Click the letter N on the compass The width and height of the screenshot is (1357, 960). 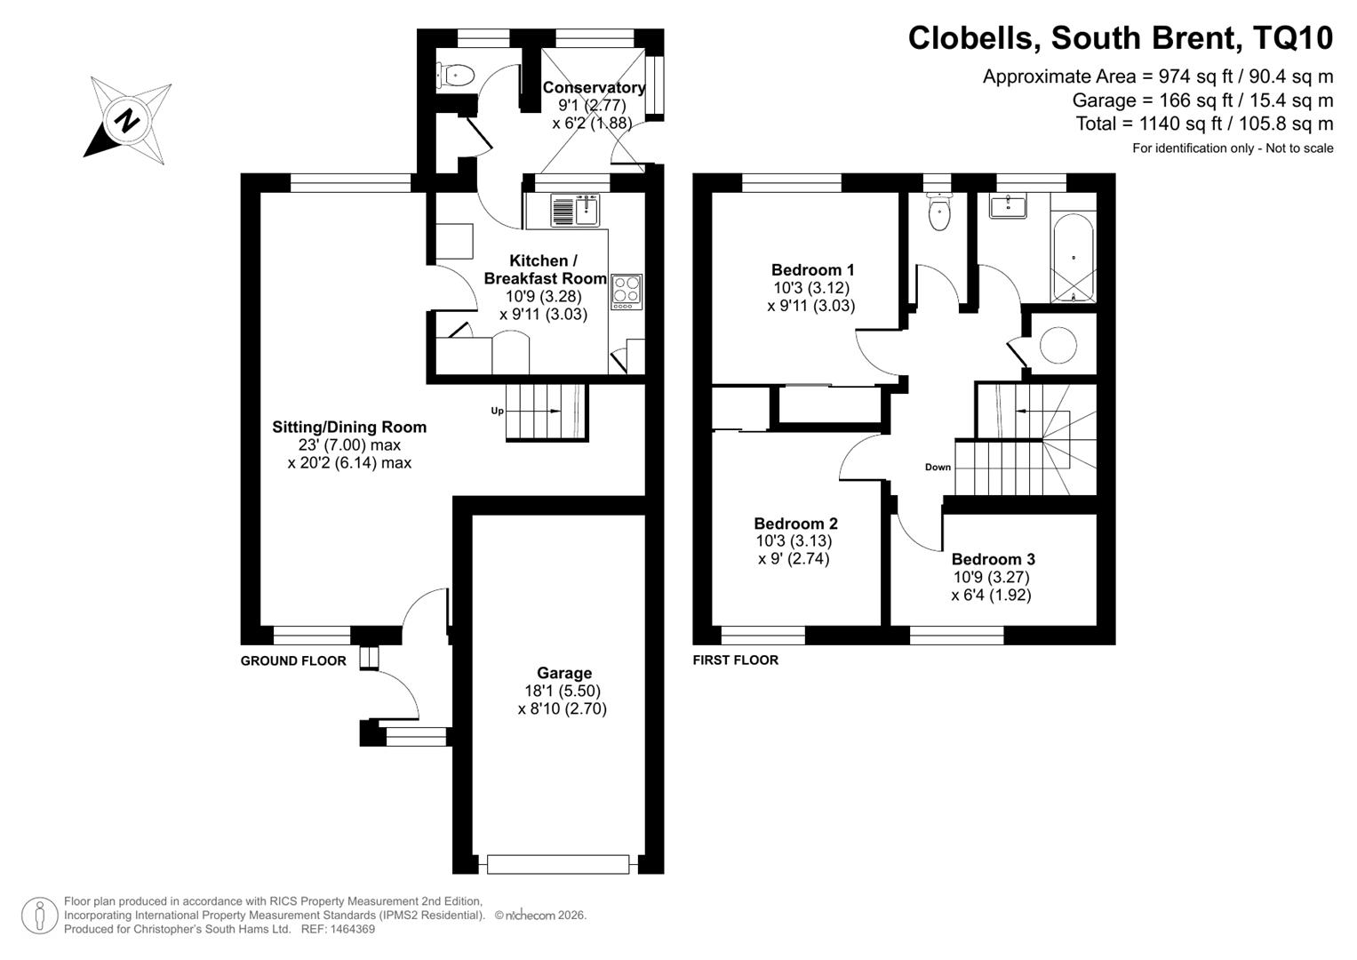(127, 120)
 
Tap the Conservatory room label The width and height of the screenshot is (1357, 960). (594, 87)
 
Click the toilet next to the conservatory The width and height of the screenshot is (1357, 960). (456, 76)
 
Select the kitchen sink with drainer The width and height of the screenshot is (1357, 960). (575, 211)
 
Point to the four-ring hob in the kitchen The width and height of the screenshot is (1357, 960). (627, 292)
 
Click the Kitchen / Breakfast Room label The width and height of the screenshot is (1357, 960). (545, 269)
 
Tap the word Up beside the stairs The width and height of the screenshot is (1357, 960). (498, 411)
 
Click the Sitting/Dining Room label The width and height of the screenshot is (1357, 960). (349, 428)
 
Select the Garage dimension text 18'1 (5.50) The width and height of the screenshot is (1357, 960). (563, 691)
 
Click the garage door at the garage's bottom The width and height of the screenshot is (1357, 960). (558, 864)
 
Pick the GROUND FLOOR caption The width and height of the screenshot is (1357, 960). (293, 661)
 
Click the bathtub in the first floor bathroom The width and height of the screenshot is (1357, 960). (1074, 258)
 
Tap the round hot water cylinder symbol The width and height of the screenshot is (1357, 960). (1058, 346)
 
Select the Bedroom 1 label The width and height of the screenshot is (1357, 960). (813, 270)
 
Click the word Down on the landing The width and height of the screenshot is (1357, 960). (938, 468)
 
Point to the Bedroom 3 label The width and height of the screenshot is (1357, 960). (994, 559)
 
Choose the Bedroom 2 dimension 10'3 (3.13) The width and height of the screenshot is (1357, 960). (794, 540)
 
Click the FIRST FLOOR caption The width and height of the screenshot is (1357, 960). (736, 660)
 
